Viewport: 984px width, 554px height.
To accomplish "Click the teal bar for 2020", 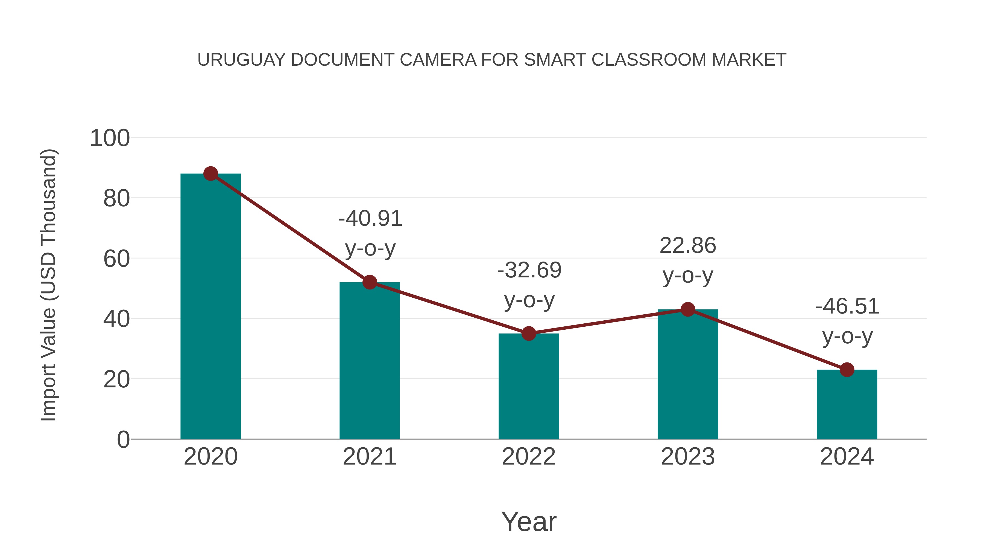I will [210, 306].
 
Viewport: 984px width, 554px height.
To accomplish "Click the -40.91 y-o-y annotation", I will [370, 233].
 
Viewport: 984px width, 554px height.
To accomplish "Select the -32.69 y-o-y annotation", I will [529, 285].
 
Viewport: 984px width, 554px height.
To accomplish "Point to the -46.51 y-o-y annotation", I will [847, 321].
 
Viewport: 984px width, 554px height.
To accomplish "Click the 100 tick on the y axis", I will [110, 138].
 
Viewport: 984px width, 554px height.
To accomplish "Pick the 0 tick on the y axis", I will [123, 440].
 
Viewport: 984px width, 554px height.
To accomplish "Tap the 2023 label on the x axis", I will [688, 457].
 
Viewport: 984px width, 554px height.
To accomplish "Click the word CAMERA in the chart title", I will [438, 60].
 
